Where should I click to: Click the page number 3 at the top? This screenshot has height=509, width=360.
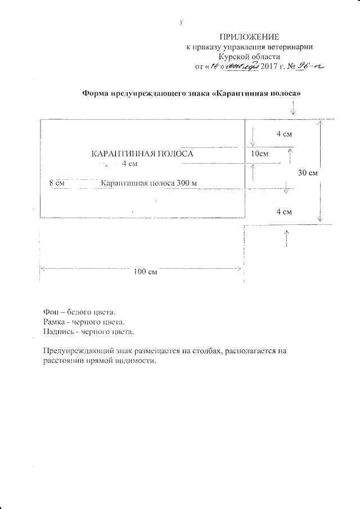coord(181,23)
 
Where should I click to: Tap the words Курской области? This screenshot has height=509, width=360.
coord(250,57)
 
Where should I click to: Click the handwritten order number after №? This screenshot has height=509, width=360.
coord(313,66)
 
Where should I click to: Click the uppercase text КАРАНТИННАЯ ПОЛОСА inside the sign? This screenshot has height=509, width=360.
coord(142,154)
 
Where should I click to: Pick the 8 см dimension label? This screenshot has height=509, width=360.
coord(57,183)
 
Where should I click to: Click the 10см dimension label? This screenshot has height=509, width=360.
coord(259,154)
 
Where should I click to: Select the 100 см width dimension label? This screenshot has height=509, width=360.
coord(145,272)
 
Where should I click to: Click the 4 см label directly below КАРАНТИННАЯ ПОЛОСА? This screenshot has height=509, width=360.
coord(129,164)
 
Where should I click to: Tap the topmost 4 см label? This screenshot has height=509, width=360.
coord(283,134)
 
